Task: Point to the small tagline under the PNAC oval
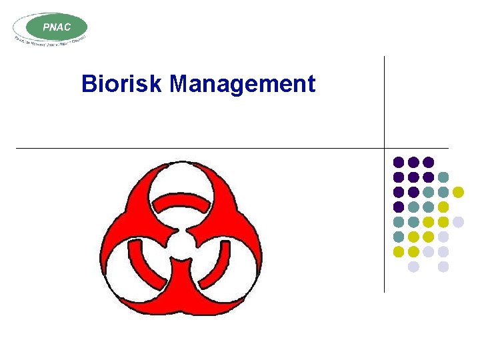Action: click(x=50, y=41)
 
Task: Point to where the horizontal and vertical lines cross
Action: click(x=385, y=148)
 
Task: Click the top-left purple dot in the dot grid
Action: click(x=399, y=162)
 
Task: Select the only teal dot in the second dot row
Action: click(x=443, y=177)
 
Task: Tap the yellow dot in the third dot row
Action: click(x=458, y=192)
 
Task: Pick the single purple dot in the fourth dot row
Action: click(x=399, y=207)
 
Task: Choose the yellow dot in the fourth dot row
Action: click(x=443, y=207)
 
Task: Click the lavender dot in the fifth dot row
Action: click(x=458, y=222)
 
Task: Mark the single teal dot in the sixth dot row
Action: click(x=399, y=237)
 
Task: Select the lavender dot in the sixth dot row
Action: click(x=443, y=237)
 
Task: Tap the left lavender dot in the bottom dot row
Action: click(x=413, y=267)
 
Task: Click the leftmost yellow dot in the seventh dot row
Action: click(x=399, y=251)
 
